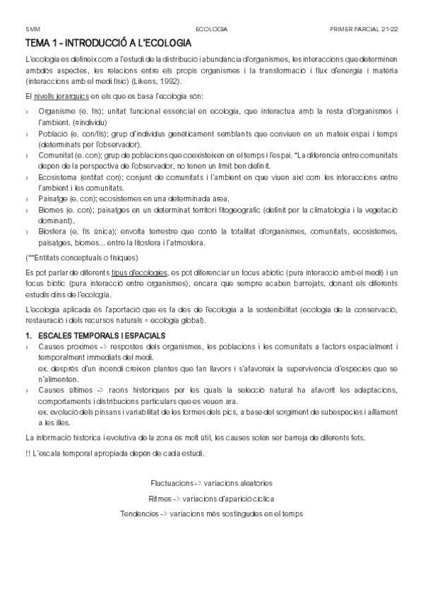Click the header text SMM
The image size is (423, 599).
point(32,29)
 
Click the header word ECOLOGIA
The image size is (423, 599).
point(211,29)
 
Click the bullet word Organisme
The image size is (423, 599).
point(56,112)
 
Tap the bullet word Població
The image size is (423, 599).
point(54,134)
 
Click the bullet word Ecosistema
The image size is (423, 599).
point(59,177)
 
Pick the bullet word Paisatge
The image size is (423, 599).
point(54,199)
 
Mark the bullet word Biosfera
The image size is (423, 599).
point(54,232)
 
